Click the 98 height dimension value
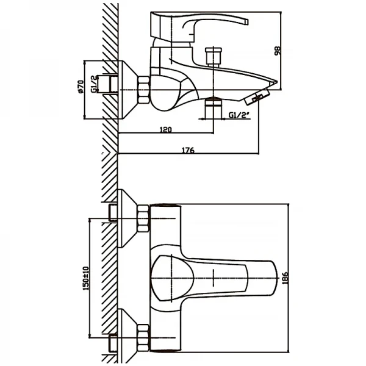coord(278,50)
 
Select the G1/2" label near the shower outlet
coord(239,115)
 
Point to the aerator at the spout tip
coord(259,96)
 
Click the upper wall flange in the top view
coord(128,218)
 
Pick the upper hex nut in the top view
coord(144,218)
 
